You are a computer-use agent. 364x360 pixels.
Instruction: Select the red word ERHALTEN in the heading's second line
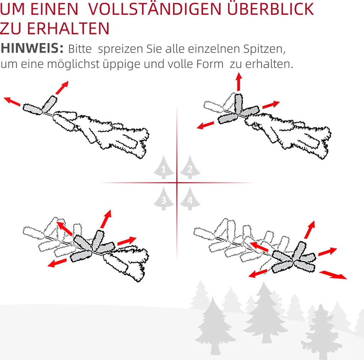point(68,28)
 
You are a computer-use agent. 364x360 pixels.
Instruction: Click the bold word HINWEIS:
point(32,49)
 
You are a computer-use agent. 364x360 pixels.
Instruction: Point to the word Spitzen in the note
point(264,49)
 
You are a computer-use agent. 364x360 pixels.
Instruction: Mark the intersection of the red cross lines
point(177,183)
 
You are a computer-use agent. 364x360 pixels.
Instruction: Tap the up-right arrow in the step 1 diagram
point(62,87)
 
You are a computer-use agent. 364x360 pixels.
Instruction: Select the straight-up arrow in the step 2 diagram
point(239,81)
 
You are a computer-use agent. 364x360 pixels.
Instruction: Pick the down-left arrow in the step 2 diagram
point(206,125)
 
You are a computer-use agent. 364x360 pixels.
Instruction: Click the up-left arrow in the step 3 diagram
point(65,229)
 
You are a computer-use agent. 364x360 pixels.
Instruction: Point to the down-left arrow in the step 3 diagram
point(57,263)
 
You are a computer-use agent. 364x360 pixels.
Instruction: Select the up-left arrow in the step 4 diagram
point(258,246)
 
